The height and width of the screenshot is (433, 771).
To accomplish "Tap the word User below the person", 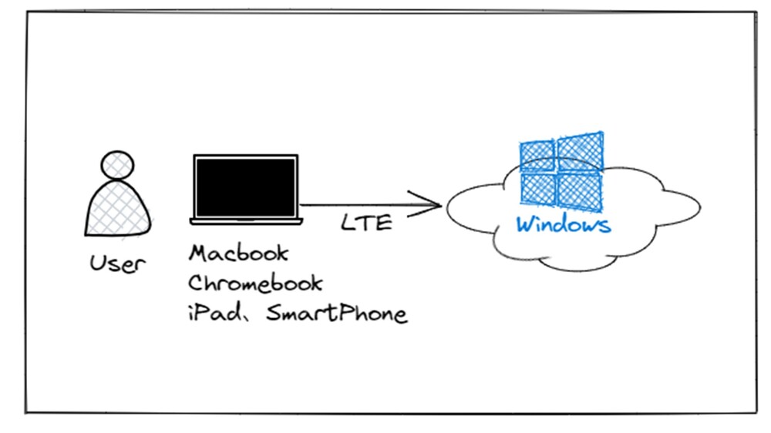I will pos(117,264).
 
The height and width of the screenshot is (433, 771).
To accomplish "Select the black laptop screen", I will pos(245,186).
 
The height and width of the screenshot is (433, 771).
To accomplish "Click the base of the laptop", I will pos(245,221).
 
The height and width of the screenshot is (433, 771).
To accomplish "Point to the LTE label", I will pos(366,224).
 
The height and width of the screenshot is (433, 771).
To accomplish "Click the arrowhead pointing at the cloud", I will pos(433,204).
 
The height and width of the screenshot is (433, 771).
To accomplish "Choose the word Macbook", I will pos(239,253).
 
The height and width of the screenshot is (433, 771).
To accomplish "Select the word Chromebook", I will pos(255,283).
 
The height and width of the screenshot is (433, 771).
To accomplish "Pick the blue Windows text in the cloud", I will pos(564,225).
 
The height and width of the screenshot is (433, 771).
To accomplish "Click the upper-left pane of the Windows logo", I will pos(537,156).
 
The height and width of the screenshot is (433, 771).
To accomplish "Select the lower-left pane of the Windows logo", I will pos(538,188).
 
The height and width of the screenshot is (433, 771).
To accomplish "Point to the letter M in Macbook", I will pos(198,253).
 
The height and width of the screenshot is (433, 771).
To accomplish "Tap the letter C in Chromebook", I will pos(197,283).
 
